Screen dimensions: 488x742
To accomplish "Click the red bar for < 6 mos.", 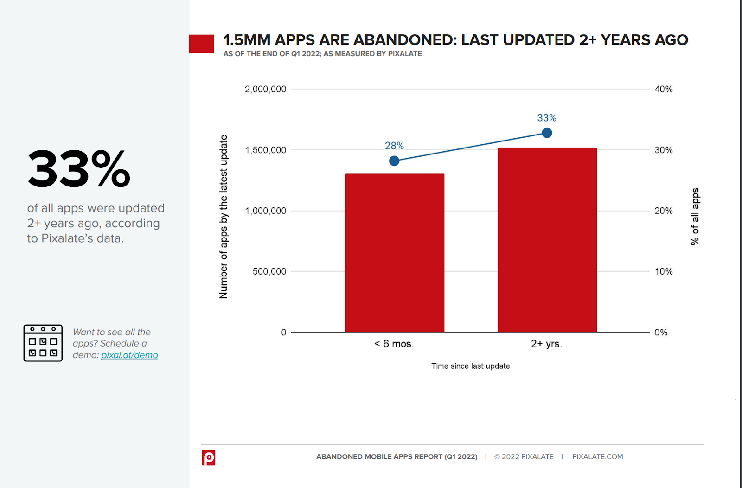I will coord(395,253).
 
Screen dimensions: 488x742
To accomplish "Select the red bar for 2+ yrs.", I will coord(547,240).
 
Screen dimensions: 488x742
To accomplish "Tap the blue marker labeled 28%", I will coord(394,161).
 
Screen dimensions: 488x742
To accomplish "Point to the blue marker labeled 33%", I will coord(547,133).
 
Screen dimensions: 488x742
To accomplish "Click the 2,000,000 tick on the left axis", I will coord(265,89).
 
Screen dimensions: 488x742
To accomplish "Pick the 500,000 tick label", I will coord(269,271).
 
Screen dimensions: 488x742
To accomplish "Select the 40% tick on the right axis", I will coord(663,89).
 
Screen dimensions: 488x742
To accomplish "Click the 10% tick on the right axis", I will coord(663,271).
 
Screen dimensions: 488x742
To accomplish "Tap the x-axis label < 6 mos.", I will coord(394,344).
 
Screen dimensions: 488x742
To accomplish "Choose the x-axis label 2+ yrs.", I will coord(546,344).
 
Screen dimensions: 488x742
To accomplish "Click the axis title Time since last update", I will coord(470,366).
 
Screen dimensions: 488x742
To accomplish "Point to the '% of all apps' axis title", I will coord(695,216).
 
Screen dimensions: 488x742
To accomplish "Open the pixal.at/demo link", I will coord(129,355).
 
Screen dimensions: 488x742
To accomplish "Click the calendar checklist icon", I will coord(43,343).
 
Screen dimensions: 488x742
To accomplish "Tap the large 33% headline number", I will coord(79,169).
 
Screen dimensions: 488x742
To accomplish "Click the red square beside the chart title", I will coord(201,44).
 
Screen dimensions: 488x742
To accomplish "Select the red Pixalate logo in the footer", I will coord(208,457).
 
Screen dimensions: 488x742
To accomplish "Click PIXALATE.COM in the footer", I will coord(597,456).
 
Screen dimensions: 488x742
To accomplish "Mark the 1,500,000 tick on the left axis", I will coord(265,150).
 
